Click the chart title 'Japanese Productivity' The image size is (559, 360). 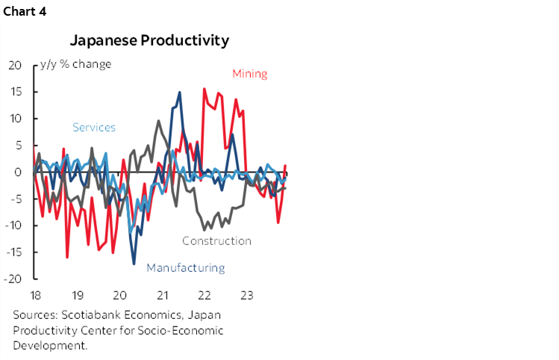click(149, 40)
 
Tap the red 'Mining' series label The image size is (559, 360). click(249, 73)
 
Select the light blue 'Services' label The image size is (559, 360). click(94, 127)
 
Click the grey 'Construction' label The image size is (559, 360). click(216, 240)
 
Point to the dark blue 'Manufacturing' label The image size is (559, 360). click(185, 267)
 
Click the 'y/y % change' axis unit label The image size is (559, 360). click(78, 64)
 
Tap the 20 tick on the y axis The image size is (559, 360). click(16, 65)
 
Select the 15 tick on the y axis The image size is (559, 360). click(16, 92)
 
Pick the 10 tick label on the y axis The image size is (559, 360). click(16, 119)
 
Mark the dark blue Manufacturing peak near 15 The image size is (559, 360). click(179, 93)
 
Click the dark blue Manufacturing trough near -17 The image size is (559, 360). click(134, 264)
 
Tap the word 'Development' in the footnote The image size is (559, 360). click(49, 345)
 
